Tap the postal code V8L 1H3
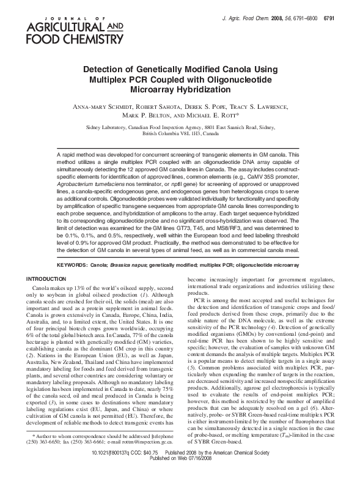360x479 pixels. pos(191,132)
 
